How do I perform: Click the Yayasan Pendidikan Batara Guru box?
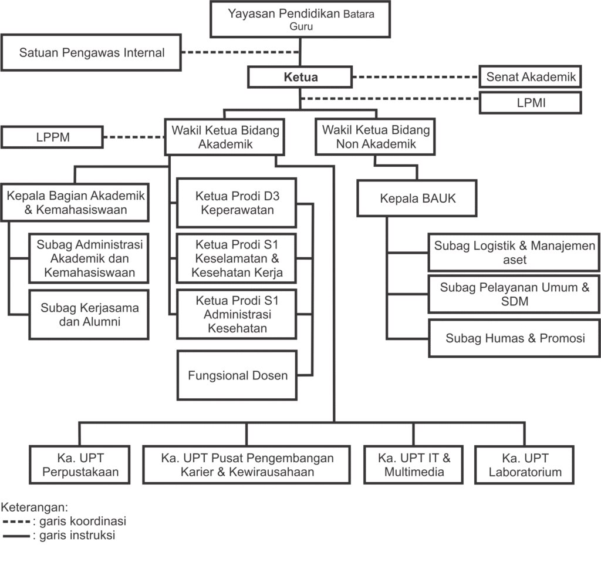point(300,19)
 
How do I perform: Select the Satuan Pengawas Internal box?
point(92,53)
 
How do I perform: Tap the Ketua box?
point(300,77)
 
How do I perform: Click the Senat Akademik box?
point(531,76)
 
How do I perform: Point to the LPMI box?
point(531,103)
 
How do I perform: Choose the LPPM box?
point(53,137)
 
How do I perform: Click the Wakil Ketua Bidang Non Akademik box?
point(376,137)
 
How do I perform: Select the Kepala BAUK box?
point(417,199)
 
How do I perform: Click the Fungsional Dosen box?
point(237,375)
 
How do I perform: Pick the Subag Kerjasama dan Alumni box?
point(89,314)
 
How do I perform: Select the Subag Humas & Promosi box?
point(515,338)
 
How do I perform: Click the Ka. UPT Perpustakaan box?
point(80,465)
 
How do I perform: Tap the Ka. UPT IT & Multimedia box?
point(414,465)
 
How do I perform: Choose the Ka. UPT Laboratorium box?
point(525,465)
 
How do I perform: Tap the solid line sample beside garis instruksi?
point(16,536)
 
